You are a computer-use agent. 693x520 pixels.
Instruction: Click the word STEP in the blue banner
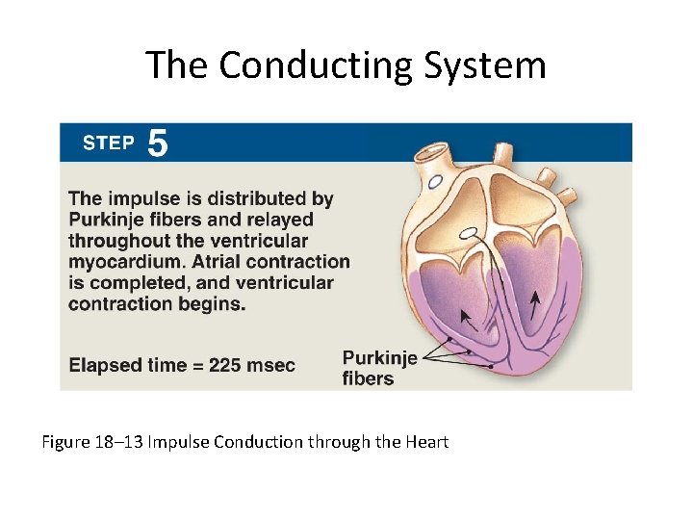(108, 143)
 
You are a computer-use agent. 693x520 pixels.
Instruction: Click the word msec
(270, 366)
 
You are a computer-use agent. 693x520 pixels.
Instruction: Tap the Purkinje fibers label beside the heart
(379, 368)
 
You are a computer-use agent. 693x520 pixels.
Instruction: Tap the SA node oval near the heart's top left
(436, 180)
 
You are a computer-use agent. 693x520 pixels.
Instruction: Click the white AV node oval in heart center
(469, 232)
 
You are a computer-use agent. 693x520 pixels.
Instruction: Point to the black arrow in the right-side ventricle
(534, 307)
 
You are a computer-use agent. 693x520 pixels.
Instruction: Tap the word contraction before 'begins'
(127, 304)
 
